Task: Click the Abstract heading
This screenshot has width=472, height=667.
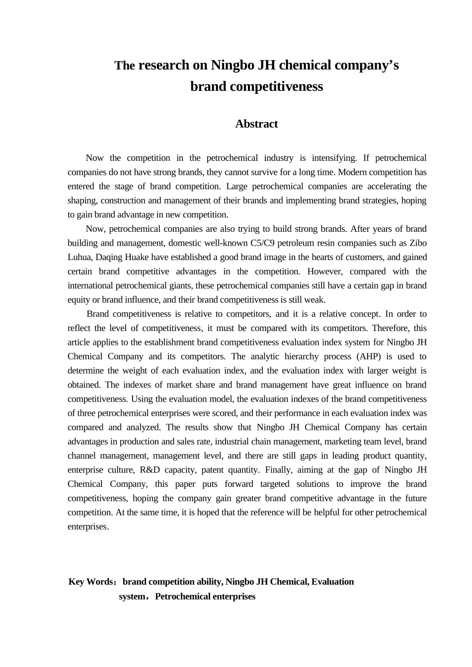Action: [256, 124]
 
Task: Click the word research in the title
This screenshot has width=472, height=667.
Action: [163, 66]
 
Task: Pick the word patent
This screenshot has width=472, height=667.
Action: [208, 469]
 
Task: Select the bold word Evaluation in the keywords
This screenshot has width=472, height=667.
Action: [333, 582]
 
